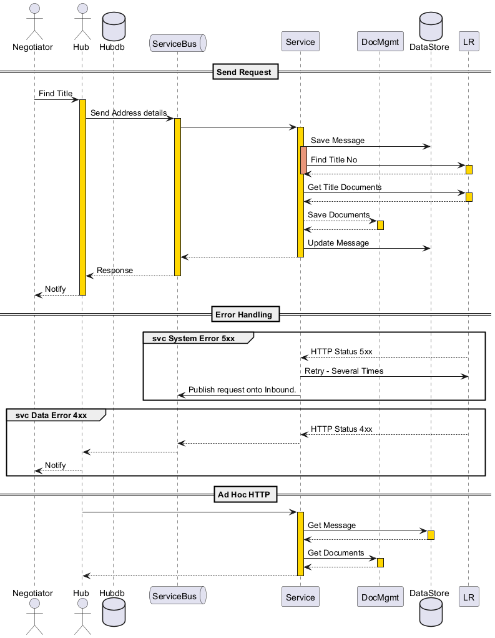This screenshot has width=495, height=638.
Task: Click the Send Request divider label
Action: [245, 72]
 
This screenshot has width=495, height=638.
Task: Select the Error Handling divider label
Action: [245, 314]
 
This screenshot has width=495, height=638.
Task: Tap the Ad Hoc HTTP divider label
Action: [245, 494]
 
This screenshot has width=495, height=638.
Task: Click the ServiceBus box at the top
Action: [178, 44]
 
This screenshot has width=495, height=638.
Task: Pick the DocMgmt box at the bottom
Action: [380, 597]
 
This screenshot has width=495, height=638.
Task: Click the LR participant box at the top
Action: [469, 41]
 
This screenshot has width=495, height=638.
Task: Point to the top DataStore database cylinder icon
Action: [431, 26]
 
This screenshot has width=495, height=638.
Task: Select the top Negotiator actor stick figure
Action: [34, 22]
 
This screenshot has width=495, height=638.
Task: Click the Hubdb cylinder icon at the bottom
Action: [114, 612]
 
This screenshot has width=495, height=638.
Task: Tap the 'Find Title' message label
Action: [56, 94]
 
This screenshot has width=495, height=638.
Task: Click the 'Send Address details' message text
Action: [129, 112]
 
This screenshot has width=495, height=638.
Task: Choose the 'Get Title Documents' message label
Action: [345, 187]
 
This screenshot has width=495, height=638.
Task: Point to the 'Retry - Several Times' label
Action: [344, 371]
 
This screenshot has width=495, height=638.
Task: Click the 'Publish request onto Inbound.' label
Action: [242, 390]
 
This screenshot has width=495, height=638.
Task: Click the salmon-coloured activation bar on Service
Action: [303, 161]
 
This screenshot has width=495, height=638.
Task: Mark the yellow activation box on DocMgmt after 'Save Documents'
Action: [380, 226]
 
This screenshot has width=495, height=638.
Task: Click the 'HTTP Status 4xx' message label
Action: [341, 429]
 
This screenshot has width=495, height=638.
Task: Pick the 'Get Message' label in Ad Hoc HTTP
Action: [331, 526]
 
